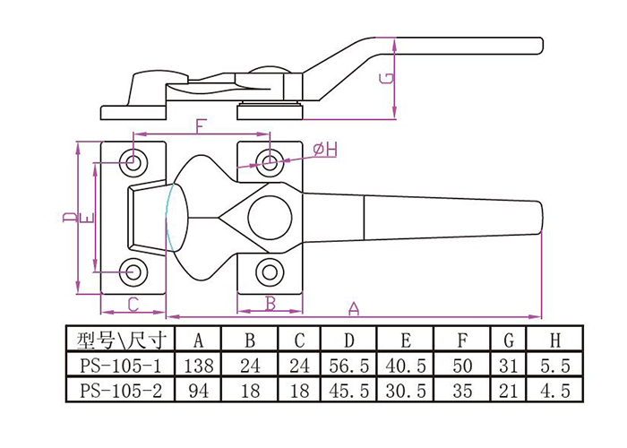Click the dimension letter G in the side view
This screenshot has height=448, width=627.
tap(385, 77)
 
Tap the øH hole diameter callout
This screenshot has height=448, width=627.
tap(326, 150)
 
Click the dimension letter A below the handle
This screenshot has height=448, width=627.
tap(354, 308)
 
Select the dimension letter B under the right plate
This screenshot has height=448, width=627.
tap(271, 304)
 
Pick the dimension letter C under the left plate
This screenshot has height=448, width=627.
tap(133, 304)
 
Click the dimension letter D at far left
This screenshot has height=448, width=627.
tap(69, 218)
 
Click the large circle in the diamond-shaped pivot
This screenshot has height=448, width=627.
tap(271, 215)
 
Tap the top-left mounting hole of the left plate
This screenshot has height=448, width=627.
tap(134, 162)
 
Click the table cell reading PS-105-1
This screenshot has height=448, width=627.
tap(119, 366)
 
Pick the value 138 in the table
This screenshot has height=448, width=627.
tap(199, 366)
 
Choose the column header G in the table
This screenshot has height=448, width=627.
tap(509, 340)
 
